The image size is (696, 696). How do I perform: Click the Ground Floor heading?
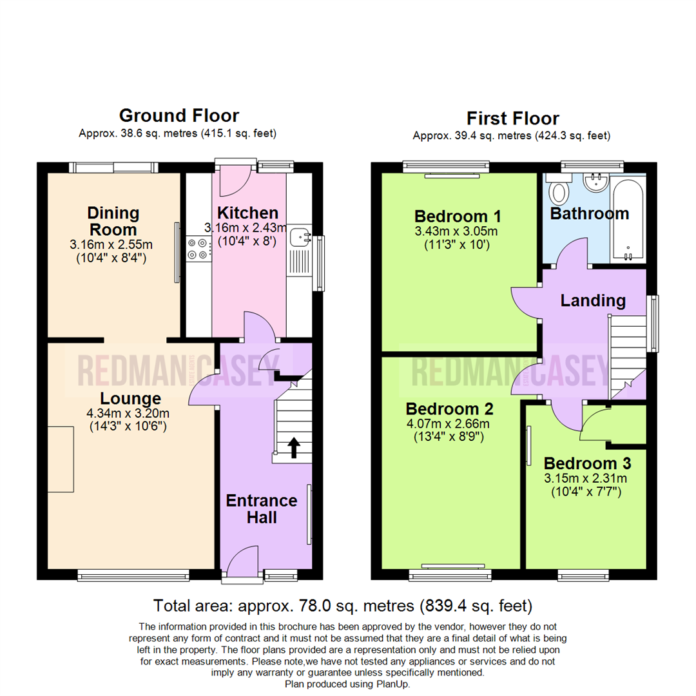pos(179,115)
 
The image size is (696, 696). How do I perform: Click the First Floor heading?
pos(512,119)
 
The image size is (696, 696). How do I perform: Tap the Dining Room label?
pos(113,221)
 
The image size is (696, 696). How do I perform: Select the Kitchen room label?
pos(247,213)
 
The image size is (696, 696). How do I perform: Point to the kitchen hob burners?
pos(198,249)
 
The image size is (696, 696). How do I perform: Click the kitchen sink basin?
pos(300,238)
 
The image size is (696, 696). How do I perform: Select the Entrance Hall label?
pos(261,508)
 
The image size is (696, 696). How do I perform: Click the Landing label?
pos(592,300)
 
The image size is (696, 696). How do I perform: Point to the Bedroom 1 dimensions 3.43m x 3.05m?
pos(457,231)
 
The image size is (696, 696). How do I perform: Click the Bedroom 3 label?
pos(586,463)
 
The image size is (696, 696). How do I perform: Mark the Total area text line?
pos(342,606)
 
